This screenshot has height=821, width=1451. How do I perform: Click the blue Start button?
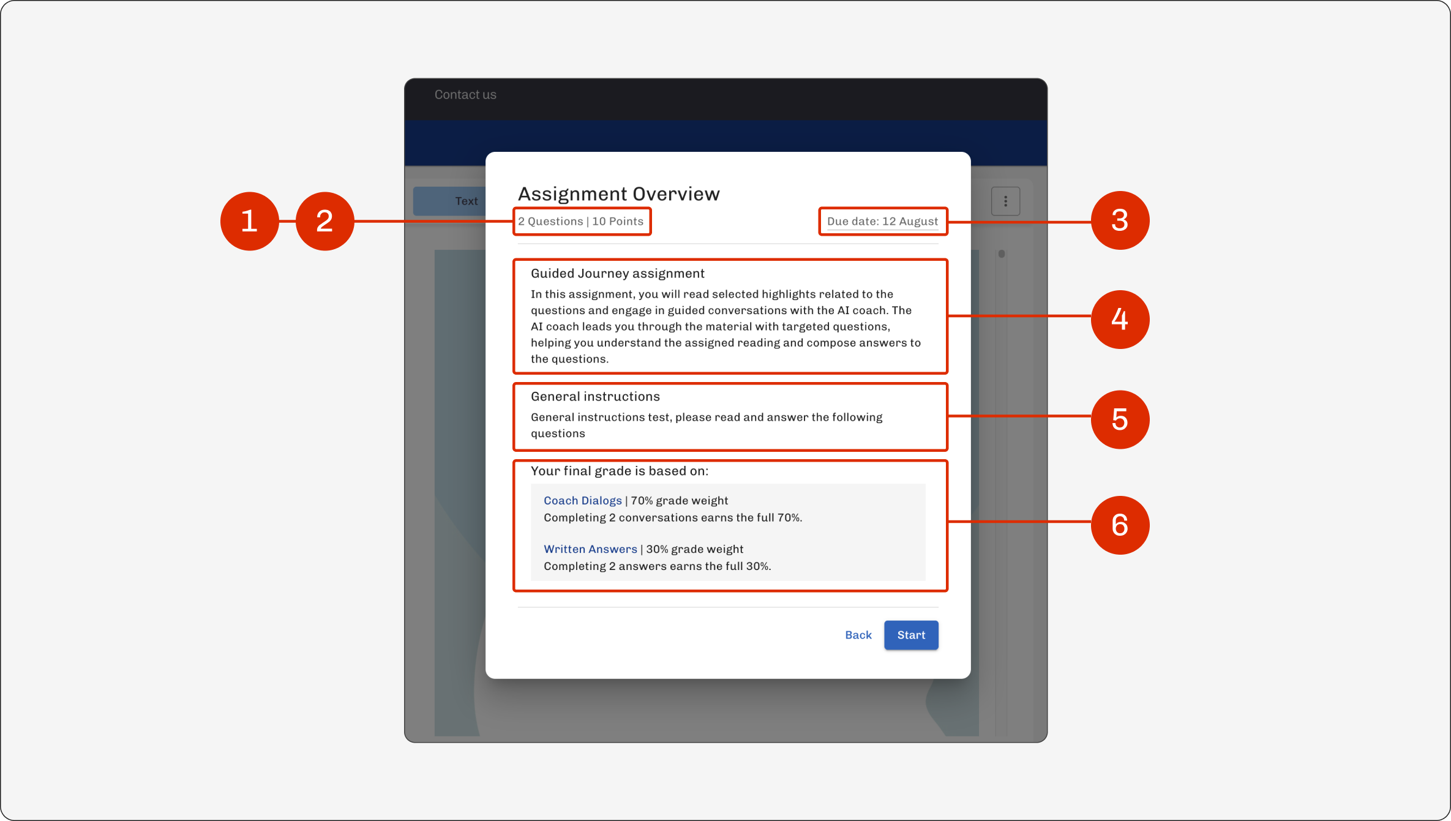click(911, 635)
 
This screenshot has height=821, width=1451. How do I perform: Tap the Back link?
click(858, 635)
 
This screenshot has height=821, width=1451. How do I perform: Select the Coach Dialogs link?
click(583, 500)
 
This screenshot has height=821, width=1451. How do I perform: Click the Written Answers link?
click(590, 549)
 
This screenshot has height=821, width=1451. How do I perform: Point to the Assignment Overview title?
click(619, 193)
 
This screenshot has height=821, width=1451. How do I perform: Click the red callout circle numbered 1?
click(249, 221)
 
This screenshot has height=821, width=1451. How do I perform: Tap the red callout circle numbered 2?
click(324, 221)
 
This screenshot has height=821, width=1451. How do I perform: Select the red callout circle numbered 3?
click(1120, 220)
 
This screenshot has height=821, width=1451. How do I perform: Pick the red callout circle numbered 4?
click(1120, 319)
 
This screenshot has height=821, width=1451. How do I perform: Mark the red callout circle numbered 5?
click(1120, 419)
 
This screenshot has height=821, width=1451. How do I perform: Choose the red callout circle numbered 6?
click(1120, 525)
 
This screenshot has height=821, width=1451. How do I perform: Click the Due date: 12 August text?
click(882, 221)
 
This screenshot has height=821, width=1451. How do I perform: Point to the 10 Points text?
click(618, 221)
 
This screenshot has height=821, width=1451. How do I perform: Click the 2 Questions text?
click(550, 221)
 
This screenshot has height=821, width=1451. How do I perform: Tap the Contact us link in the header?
click(465, 94)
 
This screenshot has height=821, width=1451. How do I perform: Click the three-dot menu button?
click(1005, 201)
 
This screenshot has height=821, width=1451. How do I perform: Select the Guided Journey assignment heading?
click(617, 274)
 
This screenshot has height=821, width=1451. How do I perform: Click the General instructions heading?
click(595, 396)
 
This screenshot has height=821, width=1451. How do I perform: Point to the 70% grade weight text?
click(679, 500)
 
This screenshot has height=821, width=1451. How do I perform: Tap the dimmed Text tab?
click(466, 201)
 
